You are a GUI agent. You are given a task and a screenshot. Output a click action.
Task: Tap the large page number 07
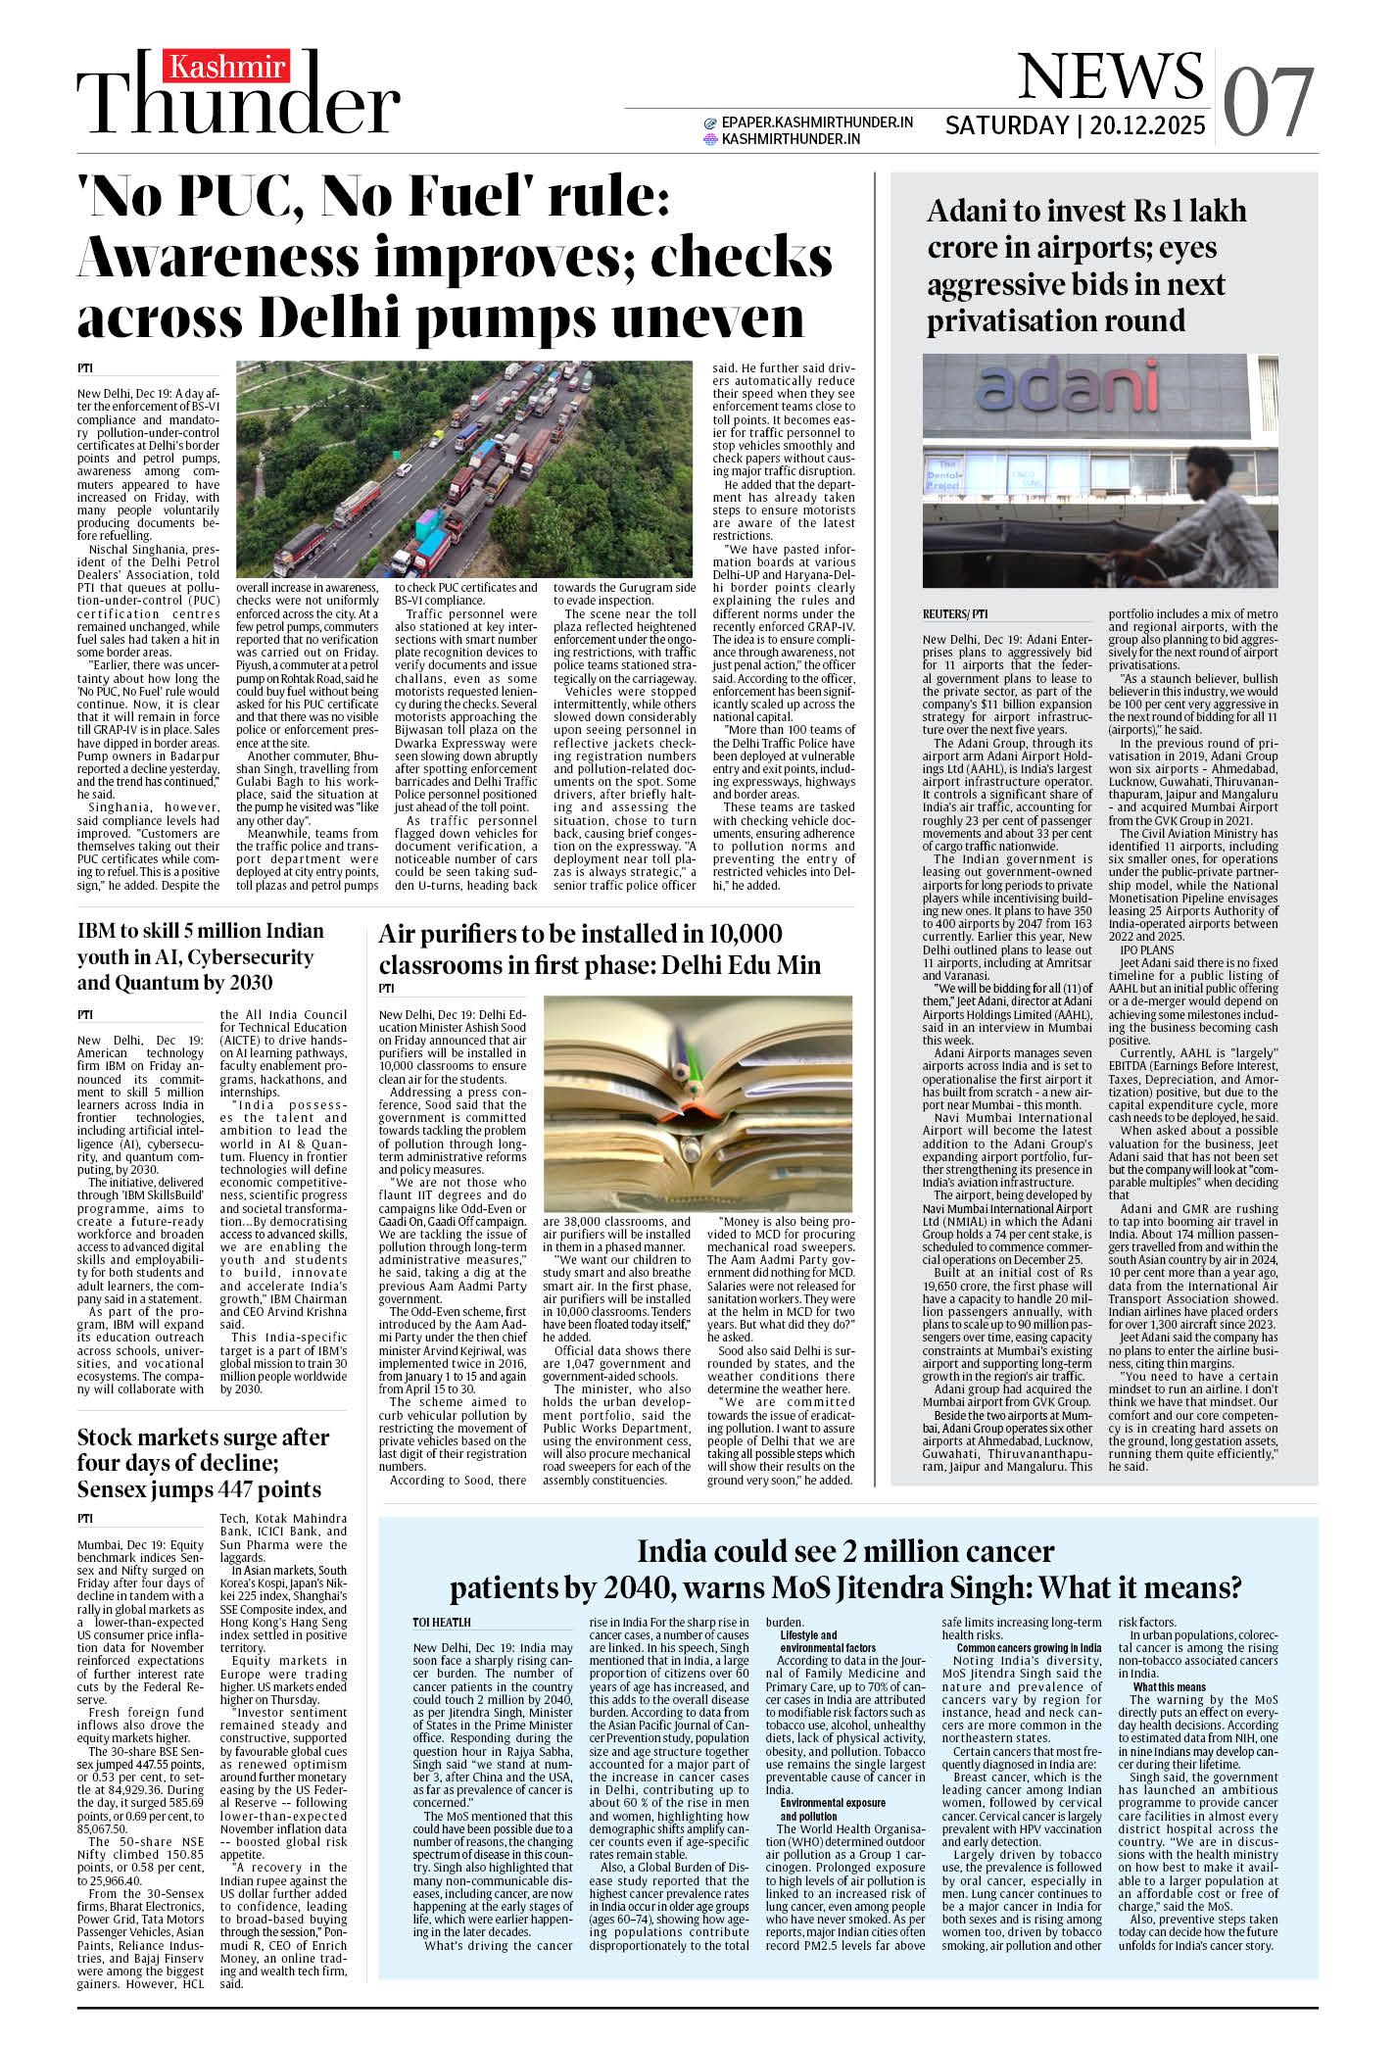[1268, 103]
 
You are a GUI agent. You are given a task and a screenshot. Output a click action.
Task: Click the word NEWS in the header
[1111, 76]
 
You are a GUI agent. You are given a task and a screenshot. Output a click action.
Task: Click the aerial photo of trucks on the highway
[464, 468]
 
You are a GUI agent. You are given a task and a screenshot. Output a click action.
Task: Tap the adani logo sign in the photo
[1062, 384]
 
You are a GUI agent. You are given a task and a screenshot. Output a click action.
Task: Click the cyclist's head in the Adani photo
[1214, 468]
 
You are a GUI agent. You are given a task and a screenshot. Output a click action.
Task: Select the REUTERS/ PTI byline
[955, 614]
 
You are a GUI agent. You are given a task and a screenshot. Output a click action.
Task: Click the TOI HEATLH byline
[442, 1623]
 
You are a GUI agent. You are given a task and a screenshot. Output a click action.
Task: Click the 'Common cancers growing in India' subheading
[1029, 1648]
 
